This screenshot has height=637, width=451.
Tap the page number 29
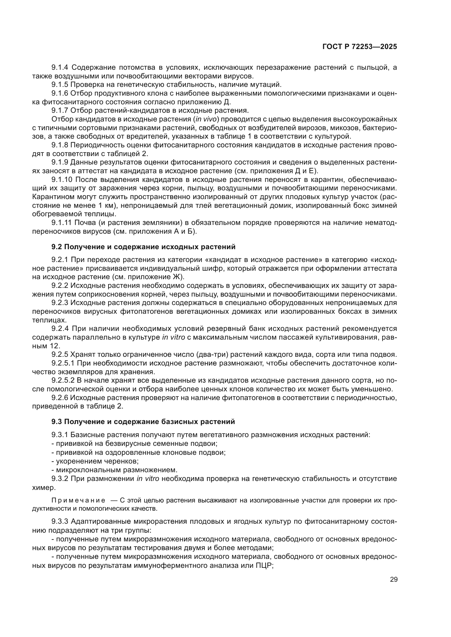393,579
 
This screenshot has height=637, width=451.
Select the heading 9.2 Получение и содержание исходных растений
143,247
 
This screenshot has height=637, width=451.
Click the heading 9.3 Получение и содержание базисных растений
143,421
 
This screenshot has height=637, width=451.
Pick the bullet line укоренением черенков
95,461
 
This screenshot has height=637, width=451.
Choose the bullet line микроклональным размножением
115,470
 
